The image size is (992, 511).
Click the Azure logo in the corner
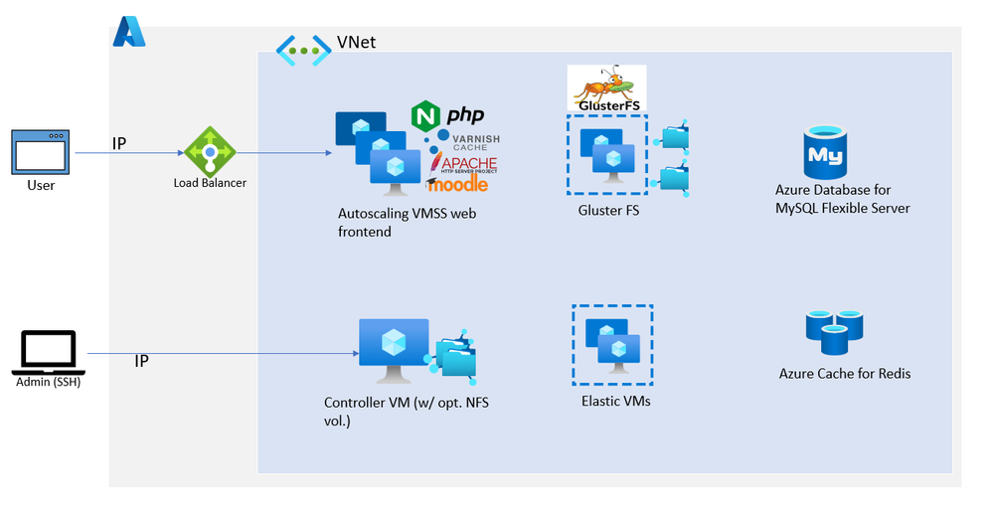point(129,32)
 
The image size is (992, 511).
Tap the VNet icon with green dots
point(303,50)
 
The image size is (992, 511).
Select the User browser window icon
point(41,151)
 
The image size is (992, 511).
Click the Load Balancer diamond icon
point(209,151)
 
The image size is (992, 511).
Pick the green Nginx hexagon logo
point(425,116)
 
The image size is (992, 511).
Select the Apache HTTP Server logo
point(465,162)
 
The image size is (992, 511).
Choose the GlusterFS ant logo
point(606,87)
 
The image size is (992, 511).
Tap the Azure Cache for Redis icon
point(833,332)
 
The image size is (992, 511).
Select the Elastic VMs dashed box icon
point(612,344)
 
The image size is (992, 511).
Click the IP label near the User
point(119,143)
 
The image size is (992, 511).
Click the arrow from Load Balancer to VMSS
point(283,153)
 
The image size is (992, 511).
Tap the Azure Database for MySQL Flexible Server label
point(843,199)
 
